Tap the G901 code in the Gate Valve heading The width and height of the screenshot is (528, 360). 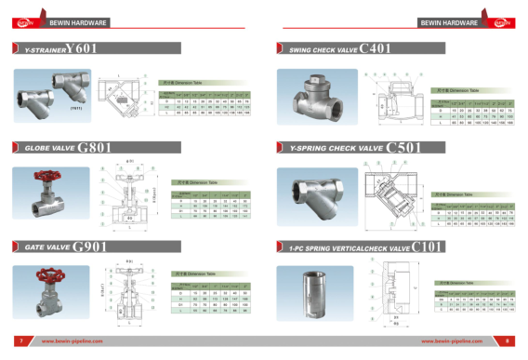coord(91,246)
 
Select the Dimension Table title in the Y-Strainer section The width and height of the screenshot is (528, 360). coord(190,82)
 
